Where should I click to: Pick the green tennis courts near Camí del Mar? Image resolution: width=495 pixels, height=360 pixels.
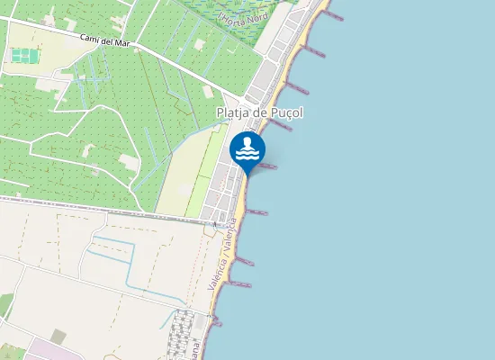pos(23,56)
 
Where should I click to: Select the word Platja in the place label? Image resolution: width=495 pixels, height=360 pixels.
pos(234,112)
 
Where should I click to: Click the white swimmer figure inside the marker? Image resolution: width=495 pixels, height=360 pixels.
pos(247,142)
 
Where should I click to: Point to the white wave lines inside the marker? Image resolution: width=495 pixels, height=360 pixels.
pos(247,154)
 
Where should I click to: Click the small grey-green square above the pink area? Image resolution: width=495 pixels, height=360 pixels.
pos(58,336)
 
